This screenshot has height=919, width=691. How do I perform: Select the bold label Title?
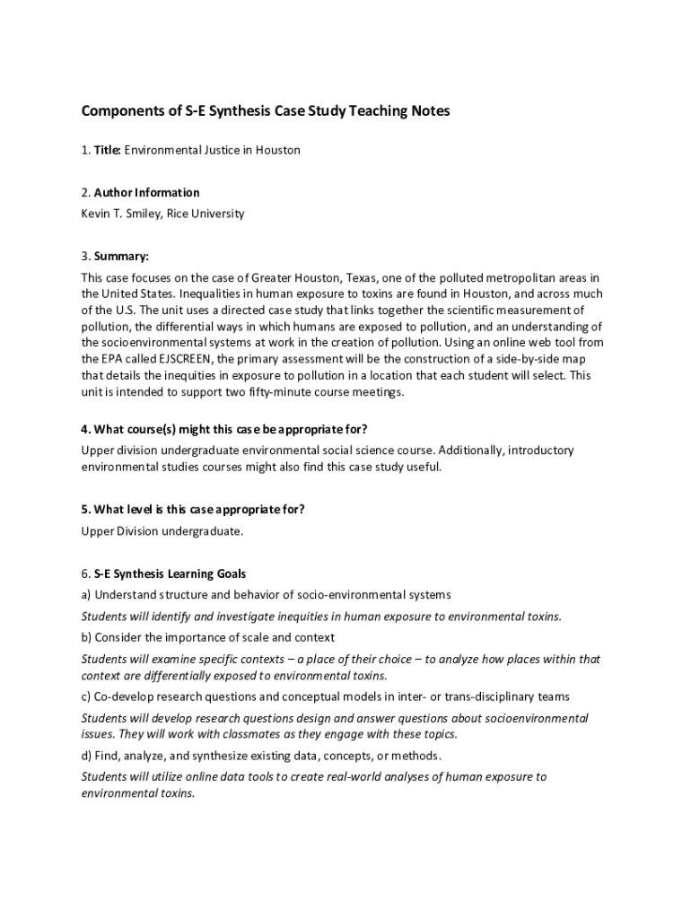[107, 150]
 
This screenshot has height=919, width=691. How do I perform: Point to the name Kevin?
[96, 214]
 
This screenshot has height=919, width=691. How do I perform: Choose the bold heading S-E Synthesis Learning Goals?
[170, 573]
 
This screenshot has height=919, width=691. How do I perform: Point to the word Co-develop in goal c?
[126, 696]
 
